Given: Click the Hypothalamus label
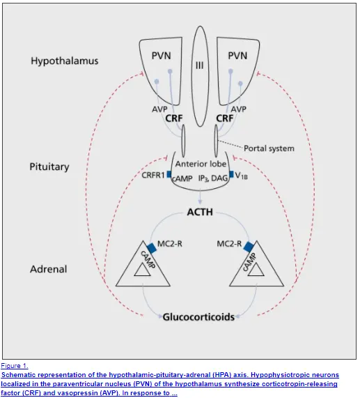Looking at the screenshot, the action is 64,61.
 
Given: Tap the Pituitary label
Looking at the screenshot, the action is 49,167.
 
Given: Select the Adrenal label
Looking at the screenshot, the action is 49,269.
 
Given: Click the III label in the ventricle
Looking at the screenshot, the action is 200,66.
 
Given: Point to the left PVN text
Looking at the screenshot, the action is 162,56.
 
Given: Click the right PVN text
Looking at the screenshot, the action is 237,56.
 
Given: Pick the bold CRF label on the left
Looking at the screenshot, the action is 174,118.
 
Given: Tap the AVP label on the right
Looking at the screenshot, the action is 238,109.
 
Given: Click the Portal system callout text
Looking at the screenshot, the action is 269,148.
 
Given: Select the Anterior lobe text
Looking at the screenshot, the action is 201,164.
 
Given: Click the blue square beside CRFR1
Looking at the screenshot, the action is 169,174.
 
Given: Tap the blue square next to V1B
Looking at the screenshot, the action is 231,174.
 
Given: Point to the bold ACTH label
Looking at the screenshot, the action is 200,212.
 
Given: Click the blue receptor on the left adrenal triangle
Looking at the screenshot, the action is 152,248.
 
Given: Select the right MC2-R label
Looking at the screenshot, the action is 229,244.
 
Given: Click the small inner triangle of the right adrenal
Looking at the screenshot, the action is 256,270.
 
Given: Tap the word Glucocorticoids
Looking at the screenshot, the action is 198,317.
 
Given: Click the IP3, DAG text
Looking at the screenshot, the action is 213,178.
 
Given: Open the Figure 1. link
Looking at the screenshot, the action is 15,366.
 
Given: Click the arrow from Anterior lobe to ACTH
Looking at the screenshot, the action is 200,197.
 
